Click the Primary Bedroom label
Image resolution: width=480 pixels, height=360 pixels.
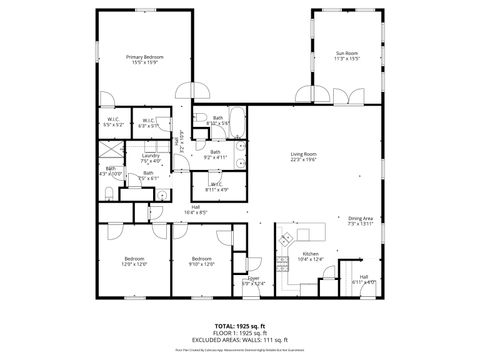[145, 59]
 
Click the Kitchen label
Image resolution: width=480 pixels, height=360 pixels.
[310, 257]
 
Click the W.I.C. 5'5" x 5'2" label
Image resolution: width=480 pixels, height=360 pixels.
[114, 123]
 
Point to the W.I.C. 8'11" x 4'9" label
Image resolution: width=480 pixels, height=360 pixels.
[217, 187]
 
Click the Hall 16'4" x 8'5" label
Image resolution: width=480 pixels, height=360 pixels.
[196, 210]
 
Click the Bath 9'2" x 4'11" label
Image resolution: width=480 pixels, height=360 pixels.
[215, 154]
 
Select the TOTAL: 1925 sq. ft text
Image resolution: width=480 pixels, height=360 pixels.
[239, 326]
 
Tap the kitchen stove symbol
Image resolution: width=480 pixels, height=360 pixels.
[286, 240]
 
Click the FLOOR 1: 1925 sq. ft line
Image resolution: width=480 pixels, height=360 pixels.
[239, 333]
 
